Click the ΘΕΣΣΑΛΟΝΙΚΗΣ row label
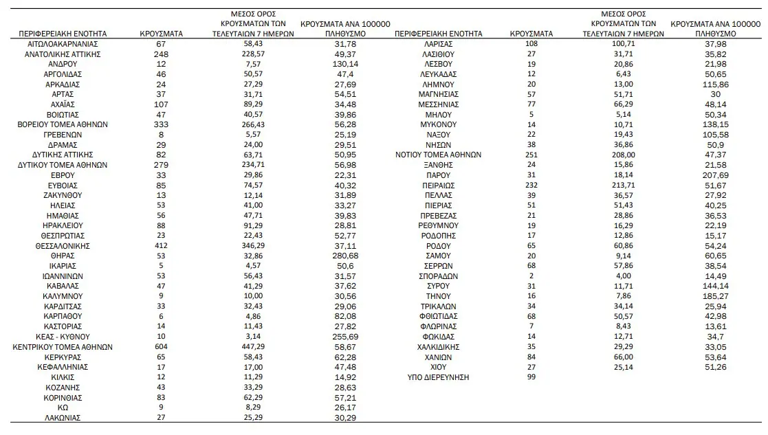(63, 245)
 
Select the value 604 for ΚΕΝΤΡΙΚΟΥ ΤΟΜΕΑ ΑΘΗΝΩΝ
(161, 347)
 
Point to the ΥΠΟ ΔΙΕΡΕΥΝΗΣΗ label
(438, 377)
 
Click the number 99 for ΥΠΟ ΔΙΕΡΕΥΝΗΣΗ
(530, 377)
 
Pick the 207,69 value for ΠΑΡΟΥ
(715, 175)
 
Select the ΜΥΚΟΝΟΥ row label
(438, 124)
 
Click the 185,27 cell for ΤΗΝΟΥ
(715, 296)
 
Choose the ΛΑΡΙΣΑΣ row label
(438, 43)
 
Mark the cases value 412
(161, 245)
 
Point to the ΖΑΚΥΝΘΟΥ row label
(63, 195)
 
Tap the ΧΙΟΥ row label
(438, 367)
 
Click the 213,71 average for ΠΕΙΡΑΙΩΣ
(623, 185)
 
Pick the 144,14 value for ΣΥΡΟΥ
(715, 286)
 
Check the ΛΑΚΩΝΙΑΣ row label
(63, 417)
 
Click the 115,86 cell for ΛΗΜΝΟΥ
(715, 84)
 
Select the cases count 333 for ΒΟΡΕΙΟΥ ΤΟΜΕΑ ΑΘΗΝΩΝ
(161, 124)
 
